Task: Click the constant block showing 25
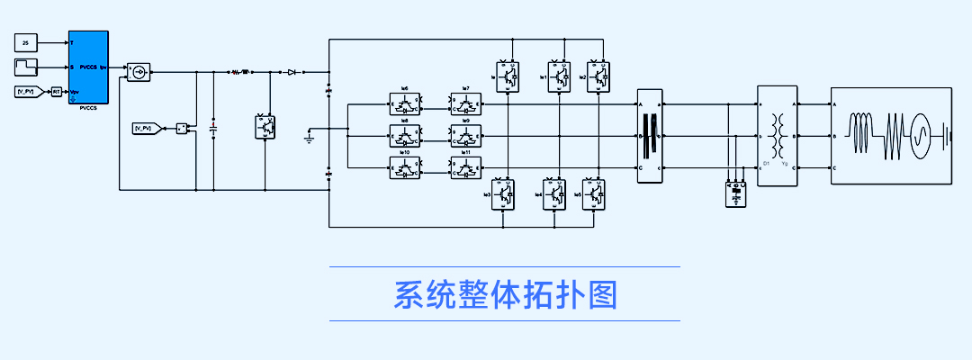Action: pos(26,42)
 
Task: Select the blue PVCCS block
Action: pos(89,67)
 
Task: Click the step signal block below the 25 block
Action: pos(26,67)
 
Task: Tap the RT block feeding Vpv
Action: pos(56,92)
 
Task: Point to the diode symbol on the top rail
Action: pos(292,70)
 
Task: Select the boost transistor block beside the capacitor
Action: pos(266,128)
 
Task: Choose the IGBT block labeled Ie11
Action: pos(465,167)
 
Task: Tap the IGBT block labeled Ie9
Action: pos(465,136)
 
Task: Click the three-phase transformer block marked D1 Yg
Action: pos(778,135)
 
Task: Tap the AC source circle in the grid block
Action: pos(921,136)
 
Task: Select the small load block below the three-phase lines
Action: pos(736,193)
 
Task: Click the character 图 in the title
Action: pos(601,294)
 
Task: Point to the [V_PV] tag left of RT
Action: pos(26,92)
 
